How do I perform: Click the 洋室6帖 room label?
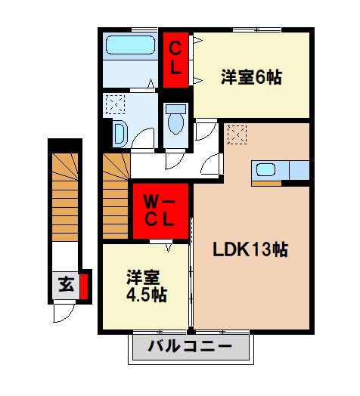[x=251, y=76]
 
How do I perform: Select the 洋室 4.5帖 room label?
[x=146, y=285]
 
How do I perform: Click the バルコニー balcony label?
[x=190, y=348]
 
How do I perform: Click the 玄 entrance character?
[x=66, y=286]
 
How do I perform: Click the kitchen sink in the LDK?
[x=266, y=169]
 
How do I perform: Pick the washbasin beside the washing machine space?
[x=119, y=133]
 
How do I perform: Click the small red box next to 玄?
[x=84, y=286]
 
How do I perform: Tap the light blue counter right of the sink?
[x=299, y=170]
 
